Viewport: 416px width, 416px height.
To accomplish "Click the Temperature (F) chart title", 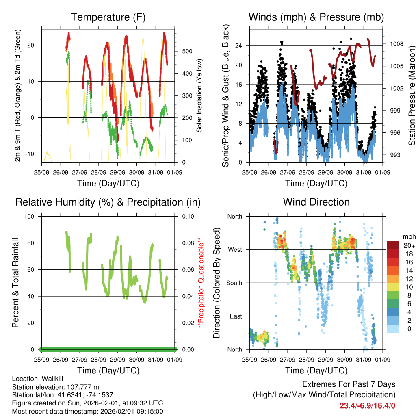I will click(x=108, y=17).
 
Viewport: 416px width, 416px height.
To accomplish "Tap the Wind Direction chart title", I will click(x=316, y=202).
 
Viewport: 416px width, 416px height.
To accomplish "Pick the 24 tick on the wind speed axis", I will click(x=239, y=45).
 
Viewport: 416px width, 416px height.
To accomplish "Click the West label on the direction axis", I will click(x=235, y=250).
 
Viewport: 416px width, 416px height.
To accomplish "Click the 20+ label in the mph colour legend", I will click(x=408, y=246).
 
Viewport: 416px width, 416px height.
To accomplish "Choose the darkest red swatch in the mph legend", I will click(x=393, y=245).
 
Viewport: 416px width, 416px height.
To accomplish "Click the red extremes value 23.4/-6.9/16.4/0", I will click(x=367, y=405).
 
